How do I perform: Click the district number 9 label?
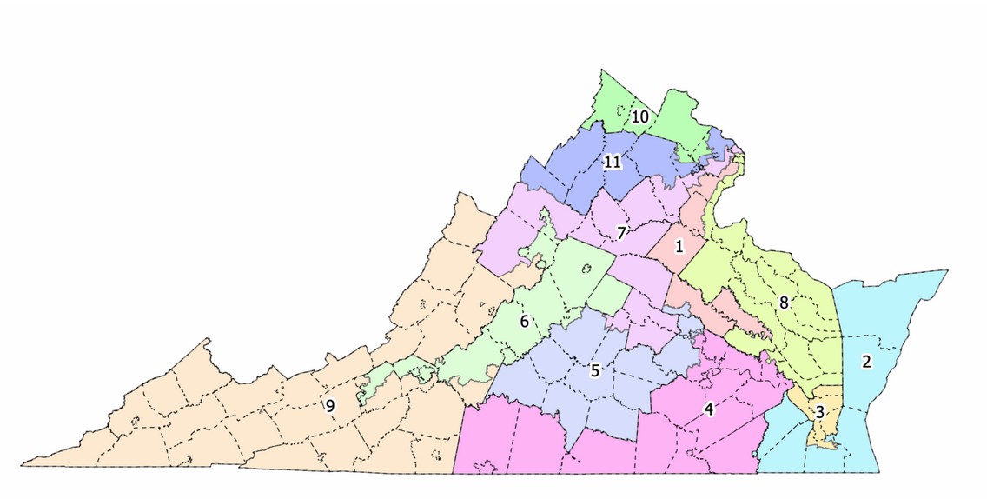click(x=330, y=404)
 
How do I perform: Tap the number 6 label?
click(x=524, y=321)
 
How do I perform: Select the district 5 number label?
click(x=595, y=370)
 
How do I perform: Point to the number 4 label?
click(x=709, y=409)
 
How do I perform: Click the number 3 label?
click(x=819, y=411)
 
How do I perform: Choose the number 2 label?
click(x=866, y=362)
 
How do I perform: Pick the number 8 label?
click(x=784, y=303)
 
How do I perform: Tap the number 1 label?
click(x=679, y=246)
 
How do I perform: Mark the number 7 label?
click(x=621, y=233)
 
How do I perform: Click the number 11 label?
click(x=613, y=163)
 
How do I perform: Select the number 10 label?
click(x=640, y=116)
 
